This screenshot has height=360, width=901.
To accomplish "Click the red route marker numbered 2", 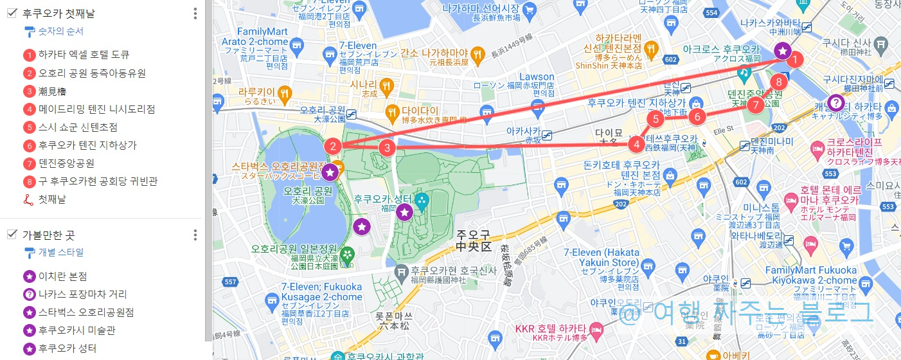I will (x=332, y=147).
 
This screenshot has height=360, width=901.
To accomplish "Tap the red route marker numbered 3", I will (x=386, y=148).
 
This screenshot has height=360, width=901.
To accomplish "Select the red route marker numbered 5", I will (x=656, y=118).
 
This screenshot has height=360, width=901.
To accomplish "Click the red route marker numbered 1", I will (x=796, y=60).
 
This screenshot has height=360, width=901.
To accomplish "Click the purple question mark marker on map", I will (x=835, y=102).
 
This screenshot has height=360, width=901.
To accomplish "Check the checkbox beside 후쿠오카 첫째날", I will (x=12, y=13).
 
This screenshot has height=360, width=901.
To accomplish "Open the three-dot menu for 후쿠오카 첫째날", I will (x=195, y=14).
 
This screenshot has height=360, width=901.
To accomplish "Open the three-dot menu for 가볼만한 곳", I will (x=195, y=235).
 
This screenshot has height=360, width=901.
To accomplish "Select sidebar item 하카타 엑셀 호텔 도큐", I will (x=84, y=55).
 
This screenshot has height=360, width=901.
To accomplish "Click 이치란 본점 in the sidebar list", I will (x=62, y=276).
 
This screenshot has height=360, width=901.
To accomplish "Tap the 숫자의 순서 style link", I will (x=60, y=31).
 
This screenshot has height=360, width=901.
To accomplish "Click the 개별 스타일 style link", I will (x=60, y=252).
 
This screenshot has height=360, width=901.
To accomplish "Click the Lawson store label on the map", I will (x=537, y=77).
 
